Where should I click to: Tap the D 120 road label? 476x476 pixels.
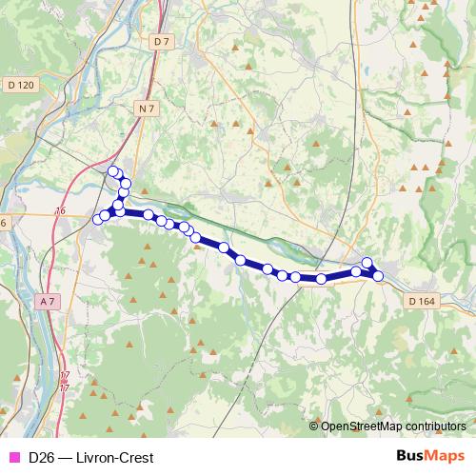[x=19, y=85]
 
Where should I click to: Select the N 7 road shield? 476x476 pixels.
[x=145, y=109]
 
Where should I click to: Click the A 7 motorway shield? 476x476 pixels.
[x=49, y=301]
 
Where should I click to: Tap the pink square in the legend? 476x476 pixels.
[x=13, y=457]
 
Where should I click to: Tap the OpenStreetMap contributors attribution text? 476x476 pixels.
[x=393, y=426]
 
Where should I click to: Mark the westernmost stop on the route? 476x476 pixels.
[x=96, y=221]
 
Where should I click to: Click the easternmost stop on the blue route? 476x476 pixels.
[x=378, y=276]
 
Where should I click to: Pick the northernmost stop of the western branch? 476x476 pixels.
[x=113, y=171]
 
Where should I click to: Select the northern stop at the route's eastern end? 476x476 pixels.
[x=367, y=263]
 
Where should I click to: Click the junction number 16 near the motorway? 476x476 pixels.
[x=62, y=210]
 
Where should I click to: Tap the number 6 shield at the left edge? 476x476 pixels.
[x=3, y=222]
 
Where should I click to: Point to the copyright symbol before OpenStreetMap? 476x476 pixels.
[x=314, y=426]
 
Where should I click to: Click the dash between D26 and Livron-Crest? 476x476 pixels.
[x=65, y=457]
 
